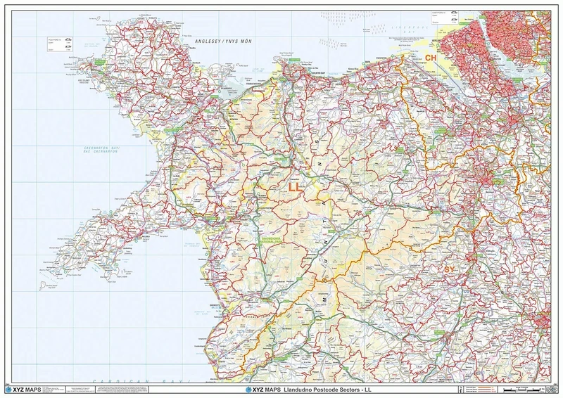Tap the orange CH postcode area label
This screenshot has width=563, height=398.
[x=431, y=57]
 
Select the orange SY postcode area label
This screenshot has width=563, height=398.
[x=450, y=269]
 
